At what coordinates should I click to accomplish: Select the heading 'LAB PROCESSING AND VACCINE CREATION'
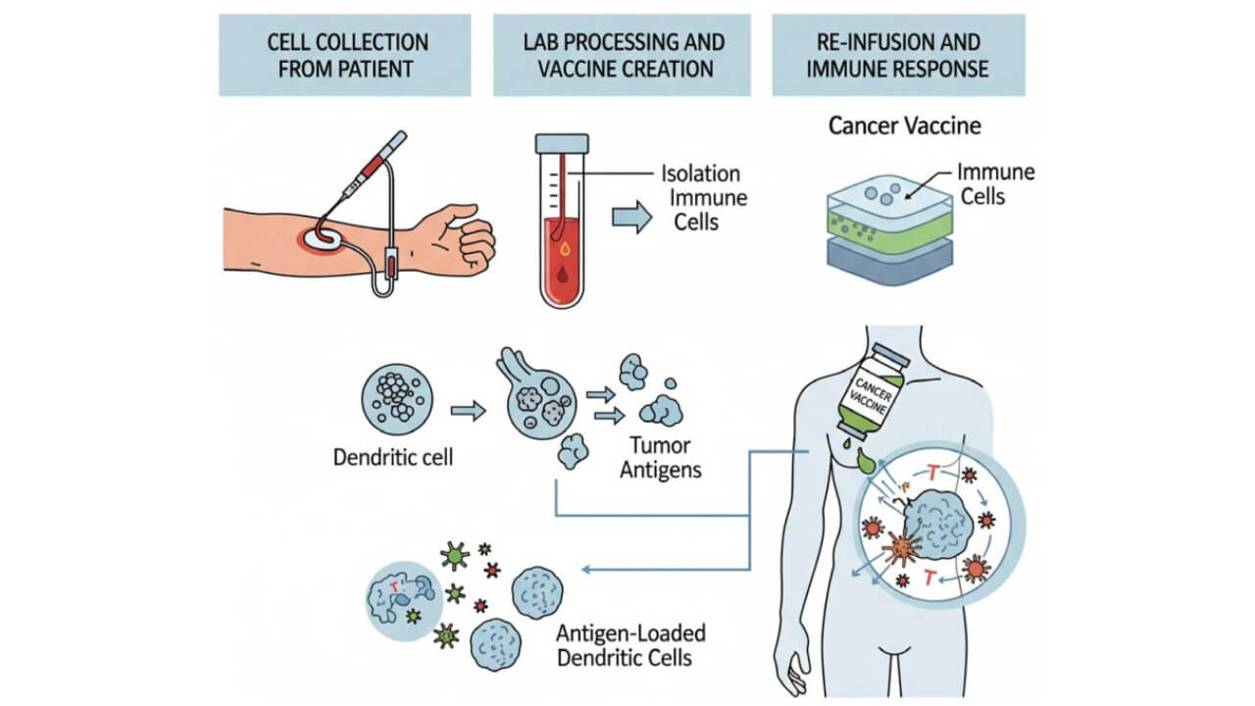[624, 55]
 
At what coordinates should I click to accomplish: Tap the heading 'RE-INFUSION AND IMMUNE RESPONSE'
[898, 55]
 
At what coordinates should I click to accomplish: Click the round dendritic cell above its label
[396, 398]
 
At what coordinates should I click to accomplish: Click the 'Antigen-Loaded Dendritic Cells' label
[631, 644]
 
